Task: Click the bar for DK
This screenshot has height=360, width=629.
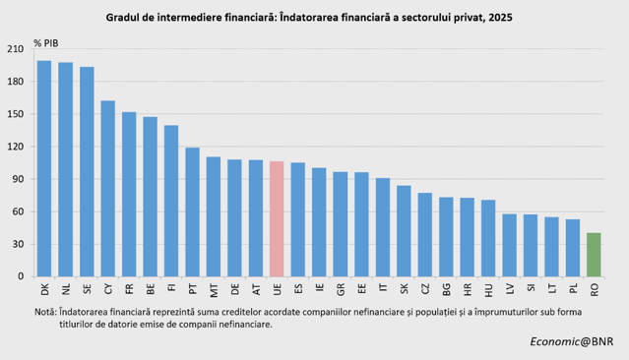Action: [x=44, y=168]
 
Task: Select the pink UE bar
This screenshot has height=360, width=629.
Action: [x=277, y=219]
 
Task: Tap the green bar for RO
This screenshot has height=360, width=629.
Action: [x=594, y=255]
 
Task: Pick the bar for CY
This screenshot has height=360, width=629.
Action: [x=108, y=189]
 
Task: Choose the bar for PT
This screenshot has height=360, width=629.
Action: [x=192, y=212]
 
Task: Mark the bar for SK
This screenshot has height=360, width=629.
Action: [x=404, y=231]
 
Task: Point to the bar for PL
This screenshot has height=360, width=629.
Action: [x=573, y=248]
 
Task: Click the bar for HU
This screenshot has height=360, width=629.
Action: [x=488, y=238]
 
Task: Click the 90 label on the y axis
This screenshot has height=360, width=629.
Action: [x=18, y=179]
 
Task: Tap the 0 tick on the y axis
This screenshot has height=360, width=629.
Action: [x=21, y=276]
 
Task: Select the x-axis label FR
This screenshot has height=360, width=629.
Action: [x=129, y=289]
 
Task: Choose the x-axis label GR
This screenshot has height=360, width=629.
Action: [x=341, y=289]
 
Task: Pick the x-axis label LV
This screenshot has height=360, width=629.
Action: [x=510, y=289]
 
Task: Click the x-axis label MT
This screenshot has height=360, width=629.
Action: [x=214, y=290]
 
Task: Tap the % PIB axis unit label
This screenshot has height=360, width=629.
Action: [x=45, y=43]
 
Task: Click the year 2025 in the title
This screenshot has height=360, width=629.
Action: [x=500, y=18]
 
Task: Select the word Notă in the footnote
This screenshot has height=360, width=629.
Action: [x=45, y=312]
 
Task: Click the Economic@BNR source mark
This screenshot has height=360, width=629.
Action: [x=572, y=341]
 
